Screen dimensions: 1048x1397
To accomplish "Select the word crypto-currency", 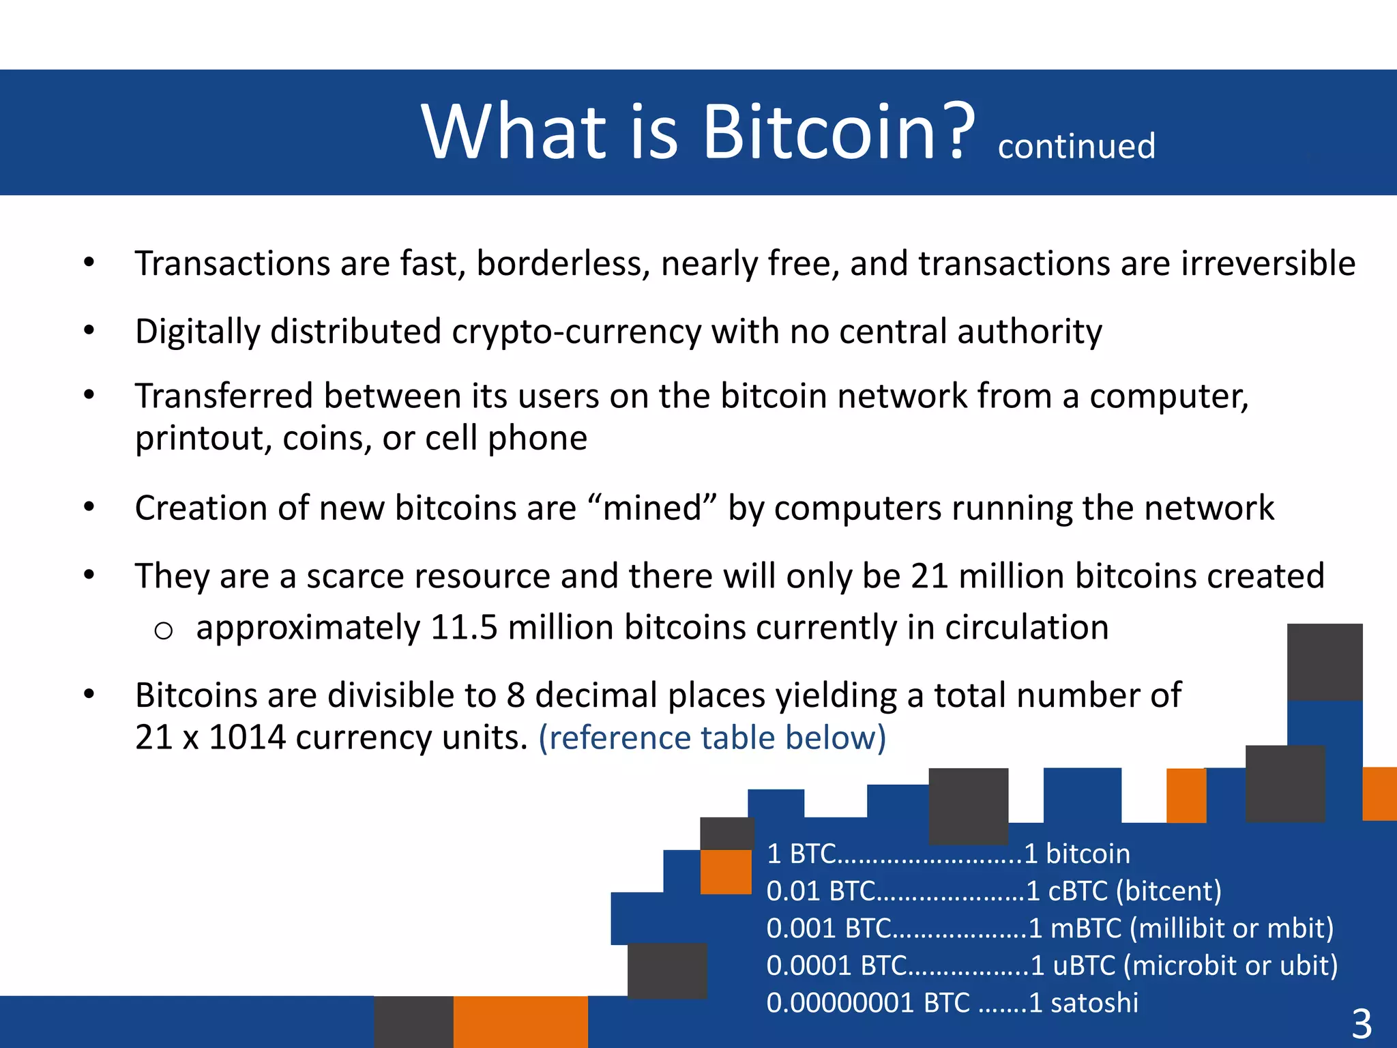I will tap(576, 332).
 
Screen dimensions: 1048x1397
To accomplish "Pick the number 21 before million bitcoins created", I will tap(929, 576).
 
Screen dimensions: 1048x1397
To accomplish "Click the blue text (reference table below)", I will tap(712, 738).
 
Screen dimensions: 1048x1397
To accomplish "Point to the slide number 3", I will tap(1361, 1023).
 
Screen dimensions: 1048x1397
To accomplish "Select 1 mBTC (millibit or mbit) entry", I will tap(1181, 929).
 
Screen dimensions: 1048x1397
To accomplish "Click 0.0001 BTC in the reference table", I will tap(836, 965).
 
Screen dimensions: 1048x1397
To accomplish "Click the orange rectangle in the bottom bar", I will tap(520, 1021).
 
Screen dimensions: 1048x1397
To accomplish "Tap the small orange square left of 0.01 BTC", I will tap(726, 871).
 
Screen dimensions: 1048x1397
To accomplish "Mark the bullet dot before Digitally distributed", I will tap(89, 331).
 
